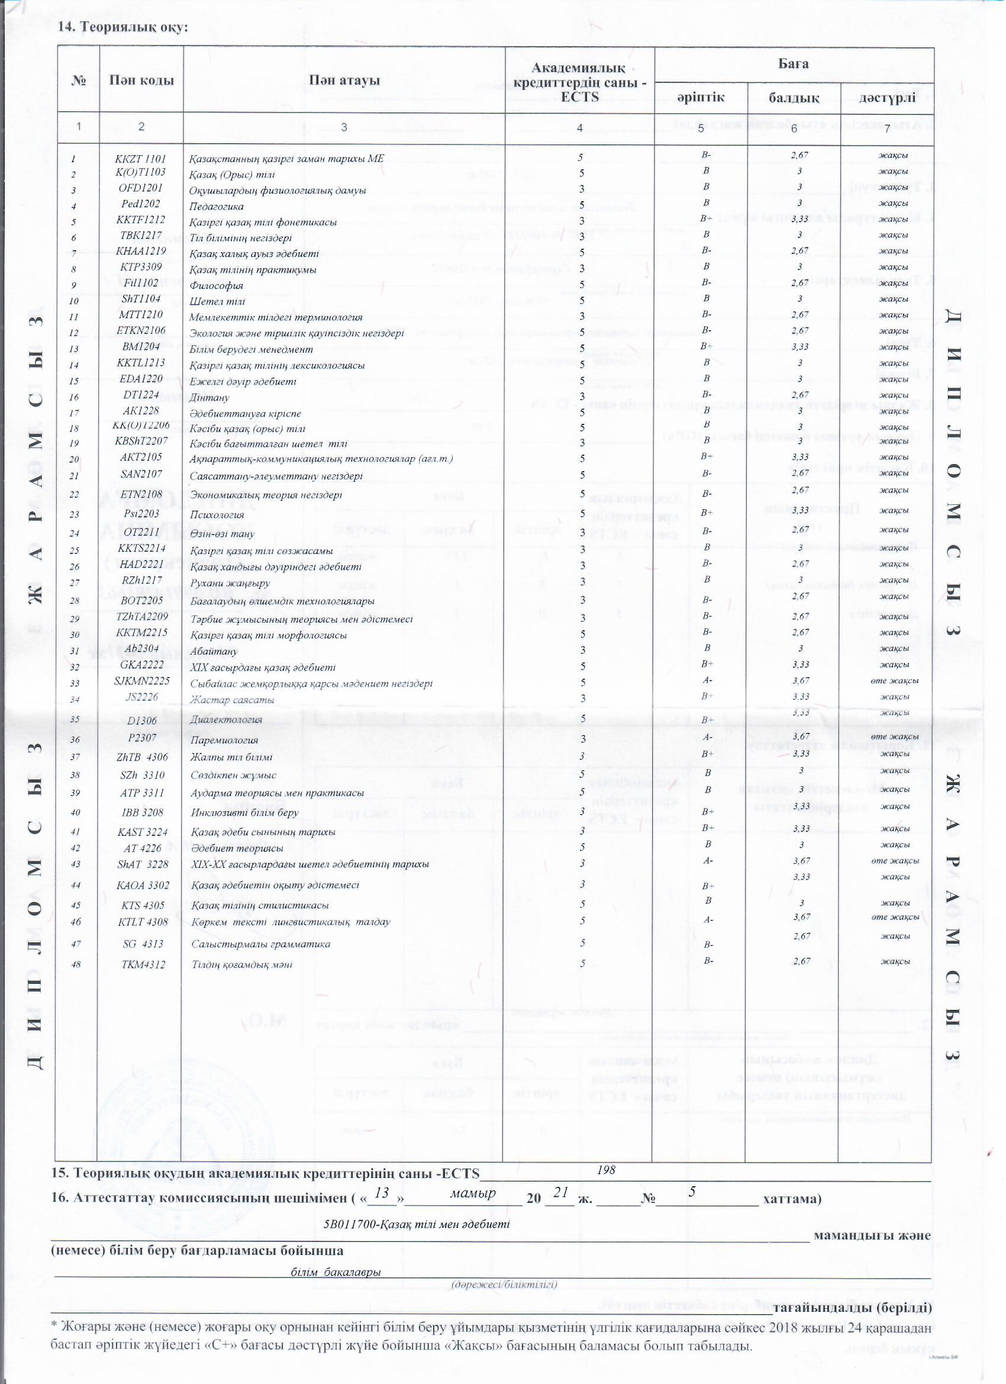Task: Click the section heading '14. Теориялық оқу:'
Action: point(122,27)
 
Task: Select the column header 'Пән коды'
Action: point(141,81)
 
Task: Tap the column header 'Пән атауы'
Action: point(344,81)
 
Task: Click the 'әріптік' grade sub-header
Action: point(701,98)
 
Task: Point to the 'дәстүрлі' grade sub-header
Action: point(887,98)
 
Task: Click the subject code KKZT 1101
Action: point(140,159)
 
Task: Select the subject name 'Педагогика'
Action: point(216,207)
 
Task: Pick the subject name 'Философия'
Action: point(216,285)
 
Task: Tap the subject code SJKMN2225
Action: point(141,681)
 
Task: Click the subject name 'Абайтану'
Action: point(214,652)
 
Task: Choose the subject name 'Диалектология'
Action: point(226,720)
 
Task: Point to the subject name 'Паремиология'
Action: point(224,741)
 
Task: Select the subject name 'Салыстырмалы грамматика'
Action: point(260,944)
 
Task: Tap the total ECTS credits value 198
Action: point(606,1170)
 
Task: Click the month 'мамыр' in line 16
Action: point(473,1193)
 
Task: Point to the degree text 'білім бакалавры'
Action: point(336,1272)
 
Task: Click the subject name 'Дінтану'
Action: point(209,398)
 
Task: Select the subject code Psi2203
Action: point(141,514)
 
